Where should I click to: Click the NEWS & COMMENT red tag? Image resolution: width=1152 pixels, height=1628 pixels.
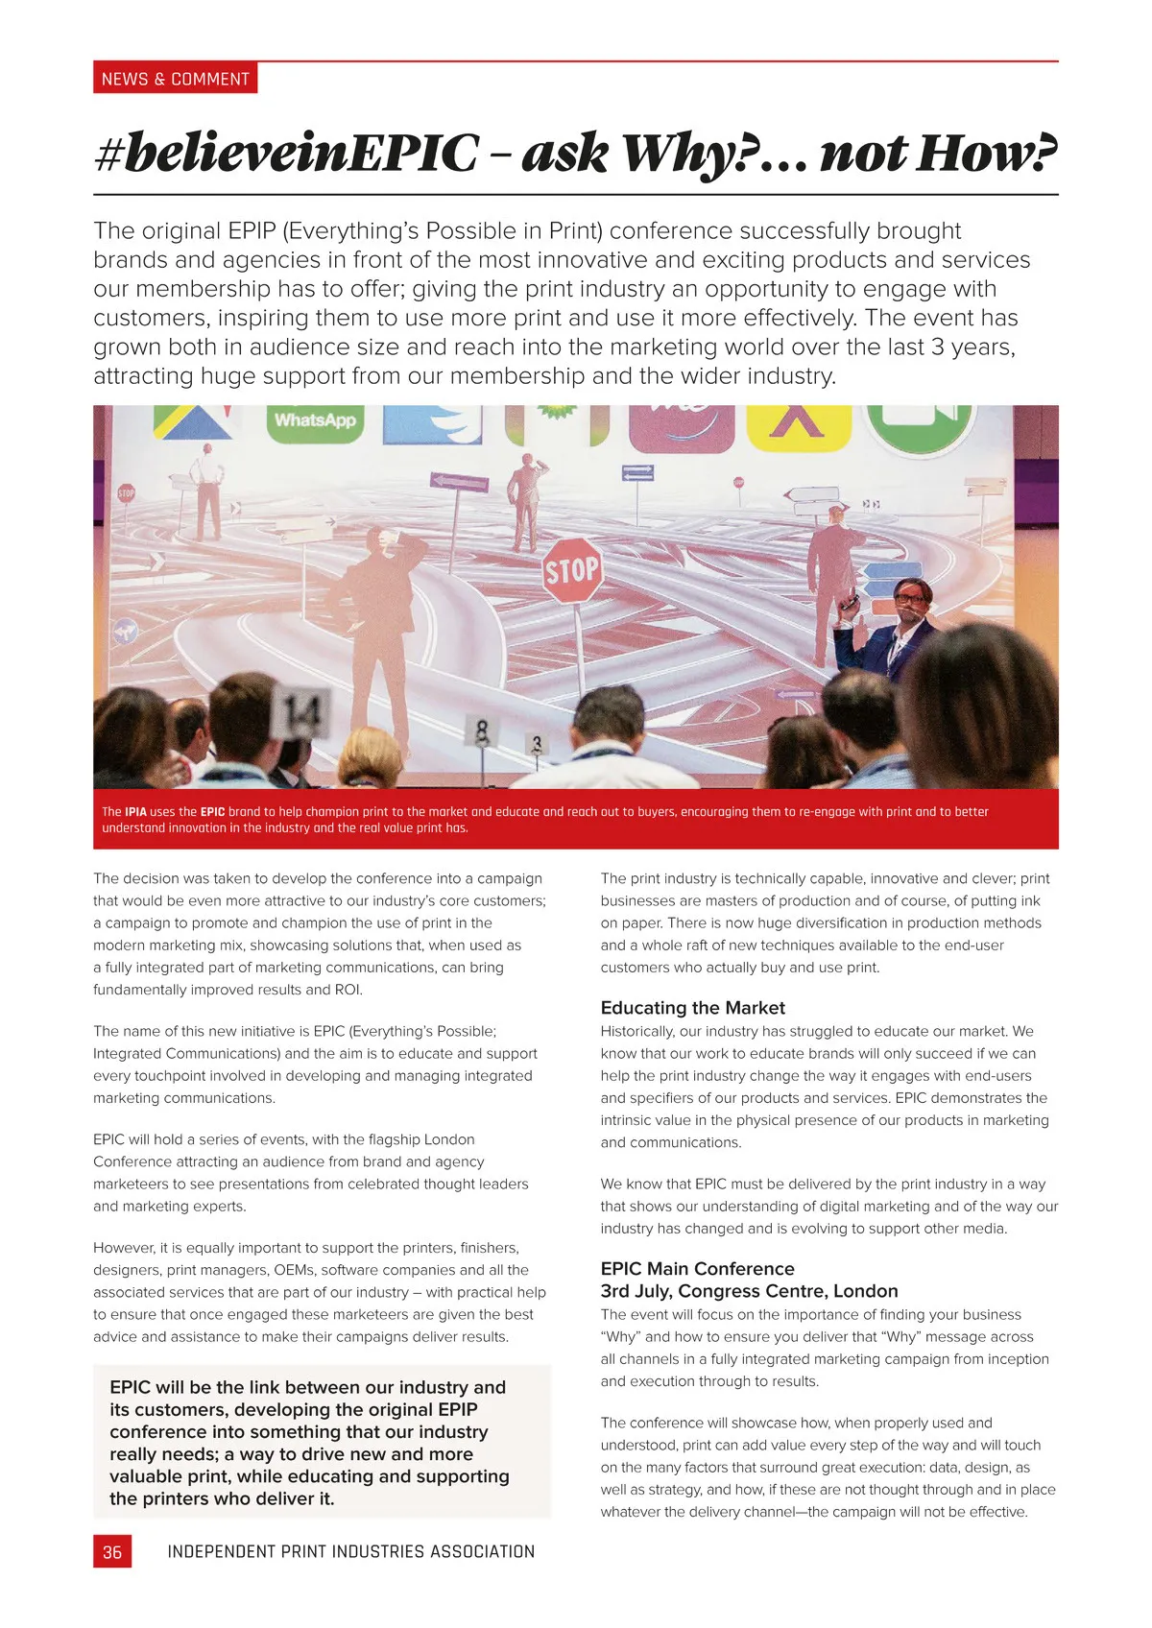pos(175,79)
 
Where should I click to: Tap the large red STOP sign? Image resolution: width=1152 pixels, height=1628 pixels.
pos(572,571)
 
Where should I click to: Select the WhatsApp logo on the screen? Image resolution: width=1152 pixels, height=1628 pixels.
pos(315,421)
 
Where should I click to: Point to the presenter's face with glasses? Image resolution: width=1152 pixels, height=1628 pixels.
pos(910,599)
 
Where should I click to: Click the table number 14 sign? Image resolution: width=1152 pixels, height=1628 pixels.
pos(300,712)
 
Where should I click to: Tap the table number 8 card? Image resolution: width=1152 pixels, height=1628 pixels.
pos(482,731)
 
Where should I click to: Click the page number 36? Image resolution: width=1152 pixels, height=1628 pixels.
pos(112,1552)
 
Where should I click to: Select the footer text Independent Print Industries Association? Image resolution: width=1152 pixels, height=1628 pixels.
pos(350,1552)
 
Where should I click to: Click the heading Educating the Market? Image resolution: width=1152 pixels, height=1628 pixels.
pos(692,1008)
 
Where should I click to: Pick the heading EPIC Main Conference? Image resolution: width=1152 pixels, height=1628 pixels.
pos(697,1269)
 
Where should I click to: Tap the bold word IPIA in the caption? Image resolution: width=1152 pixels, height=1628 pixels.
pos(135,812)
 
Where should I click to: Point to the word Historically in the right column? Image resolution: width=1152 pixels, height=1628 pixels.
pos(637,1032)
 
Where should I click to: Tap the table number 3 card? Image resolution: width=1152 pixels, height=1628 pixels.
pos(537,744)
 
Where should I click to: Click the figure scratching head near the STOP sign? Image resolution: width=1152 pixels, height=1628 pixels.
pos(394,595)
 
